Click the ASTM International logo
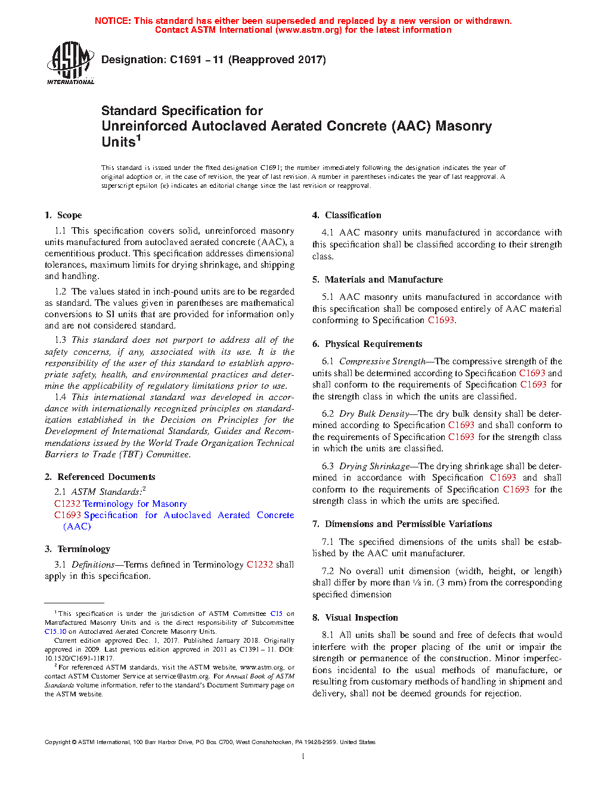click(70, 63)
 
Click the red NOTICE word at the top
click(113, 21)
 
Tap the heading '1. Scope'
click(63, 215)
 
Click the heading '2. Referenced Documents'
click(100, 477)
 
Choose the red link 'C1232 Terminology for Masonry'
click(120, 504)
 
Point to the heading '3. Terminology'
click(77, 549)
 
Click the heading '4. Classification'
click(347, 215)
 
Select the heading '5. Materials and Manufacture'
click(377, 280)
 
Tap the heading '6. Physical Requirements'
click(367, 344)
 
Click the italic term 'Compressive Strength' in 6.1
click(382, 361)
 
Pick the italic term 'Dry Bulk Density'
click(374, 414)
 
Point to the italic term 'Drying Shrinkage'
click(374, 466)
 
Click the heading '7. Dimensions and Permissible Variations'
click(402, 524)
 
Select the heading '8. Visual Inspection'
click(355, 618)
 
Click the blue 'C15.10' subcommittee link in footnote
click(55, 631)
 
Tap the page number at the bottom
click(303, 757)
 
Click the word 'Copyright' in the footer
click(57, 742)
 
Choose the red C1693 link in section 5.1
click(441, 320)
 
